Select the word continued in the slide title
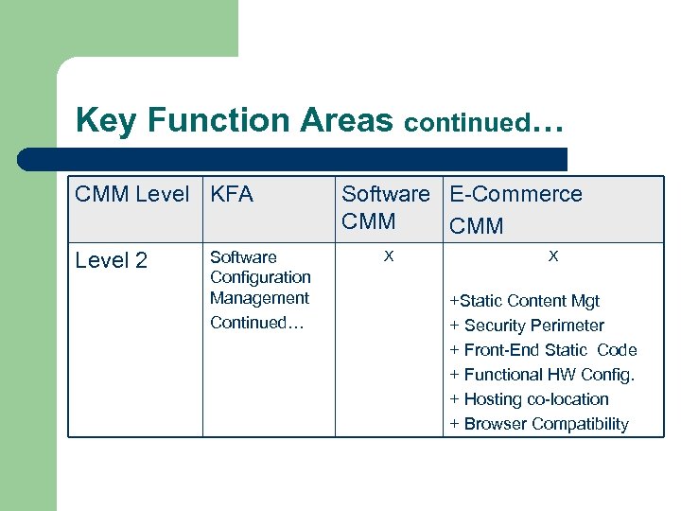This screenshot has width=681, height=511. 467,123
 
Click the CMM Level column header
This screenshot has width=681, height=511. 132,195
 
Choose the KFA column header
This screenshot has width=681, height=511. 232,195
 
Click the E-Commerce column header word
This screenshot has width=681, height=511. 515,195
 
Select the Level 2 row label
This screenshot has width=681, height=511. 112,261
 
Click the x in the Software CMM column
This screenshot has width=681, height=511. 387,256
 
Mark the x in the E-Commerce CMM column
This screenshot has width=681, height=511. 553,256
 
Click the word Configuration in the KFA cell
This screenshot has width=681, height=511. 260,277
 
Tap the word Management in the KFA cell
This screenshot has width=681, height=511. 259,298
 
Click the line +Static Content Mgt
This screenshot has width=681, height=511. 525,301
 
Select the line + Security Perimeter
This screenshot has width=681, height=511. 527,326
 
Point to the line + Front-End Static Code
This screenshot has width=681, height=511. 543,350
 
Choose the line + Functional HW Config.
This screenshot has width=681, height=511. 542,375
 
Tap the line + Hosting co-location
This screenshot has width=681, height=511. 529,399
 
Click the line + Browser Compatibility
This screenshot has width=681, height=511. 539,424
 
